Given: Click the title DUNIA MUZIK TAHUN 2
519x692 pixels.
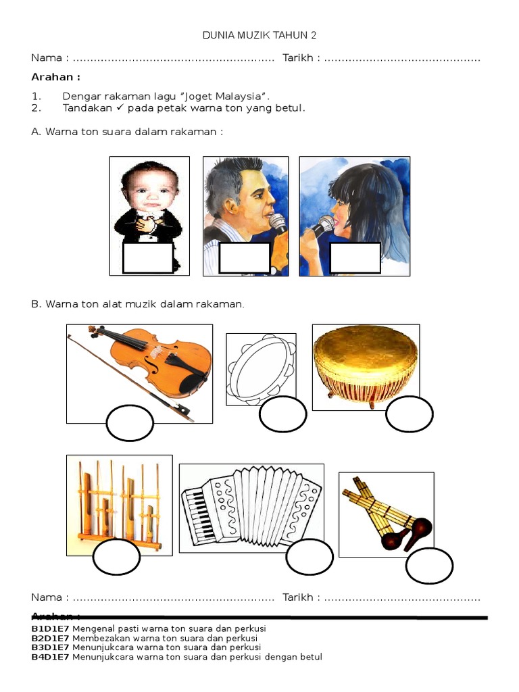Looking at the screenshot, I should [x=259, y=35].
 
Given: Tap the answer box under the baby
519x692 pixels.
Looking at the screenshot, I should [x=148, y=258].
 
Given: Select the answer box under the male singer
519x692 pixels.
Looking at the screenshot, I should [x=245, y=258].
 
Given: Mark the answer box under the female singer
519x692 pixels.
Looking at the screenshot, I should [x=355, y=258].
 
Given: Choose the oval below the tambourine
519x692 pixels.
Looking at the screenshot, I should [x=282, y=414].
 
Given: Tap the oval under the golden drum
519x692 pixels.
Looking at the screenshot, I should [x=409, y=414].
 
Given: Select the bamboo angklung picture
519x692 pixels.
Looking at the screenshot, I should [x=120, y=503].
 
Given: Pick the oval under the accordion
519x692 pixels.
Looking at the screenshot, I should [x=310, y=558].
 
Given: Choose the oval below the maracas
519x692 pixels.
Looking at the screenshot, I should [x=429, y=566].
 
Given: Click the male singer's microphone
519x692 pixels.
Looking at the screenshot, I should [x=278, y=222].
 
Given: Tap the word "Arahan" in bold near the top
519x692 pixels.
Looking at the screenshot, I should [x=55, y=77].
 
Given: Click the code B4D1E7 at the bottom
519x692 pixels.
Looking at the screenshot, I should [x=50, y=657].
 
